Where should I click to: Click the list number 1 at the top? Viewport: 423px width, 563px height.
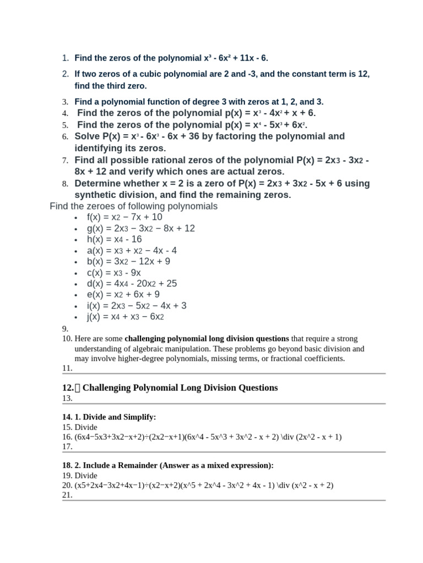coord(64,58)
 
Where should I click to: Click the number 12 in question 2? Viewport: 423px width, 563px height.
coord(363,74)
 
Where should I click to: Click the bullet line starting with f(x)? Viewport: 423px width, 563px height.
coord(124,217)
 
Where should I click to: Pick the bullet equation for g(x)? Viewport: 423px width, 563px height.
coord(141,228)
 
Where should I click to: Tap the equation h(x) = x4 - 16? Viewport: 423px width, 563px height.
coord(114,239)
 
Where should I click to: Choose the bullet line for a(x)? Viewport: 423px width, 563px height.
coord(132,250)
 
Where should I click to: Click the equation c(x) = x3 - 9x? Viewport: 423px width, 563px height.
coord(114,273)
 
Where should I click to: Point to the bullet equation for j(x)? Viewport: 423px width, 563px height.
coord(126,317)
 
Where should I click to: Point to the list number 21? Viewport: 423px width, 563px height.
coord(67,495)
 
